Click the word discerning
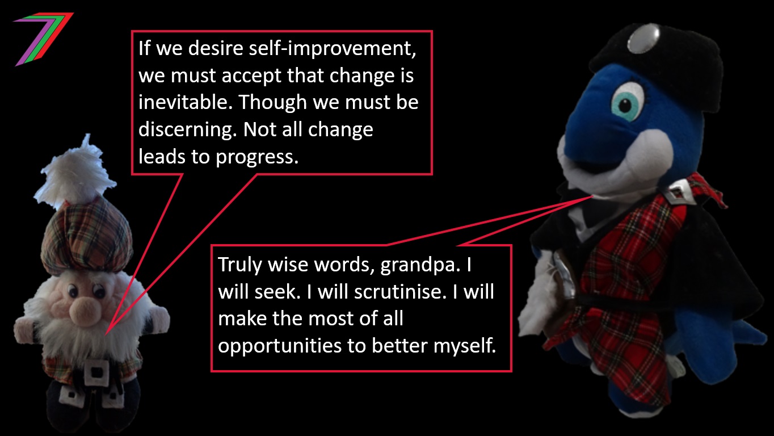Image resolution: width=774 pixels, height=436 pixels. pyautogui.click(x=188, y=130)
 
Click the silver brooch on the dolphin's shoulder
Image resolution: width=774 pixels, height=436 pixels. pyautogui.click(x=676, y=194)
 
